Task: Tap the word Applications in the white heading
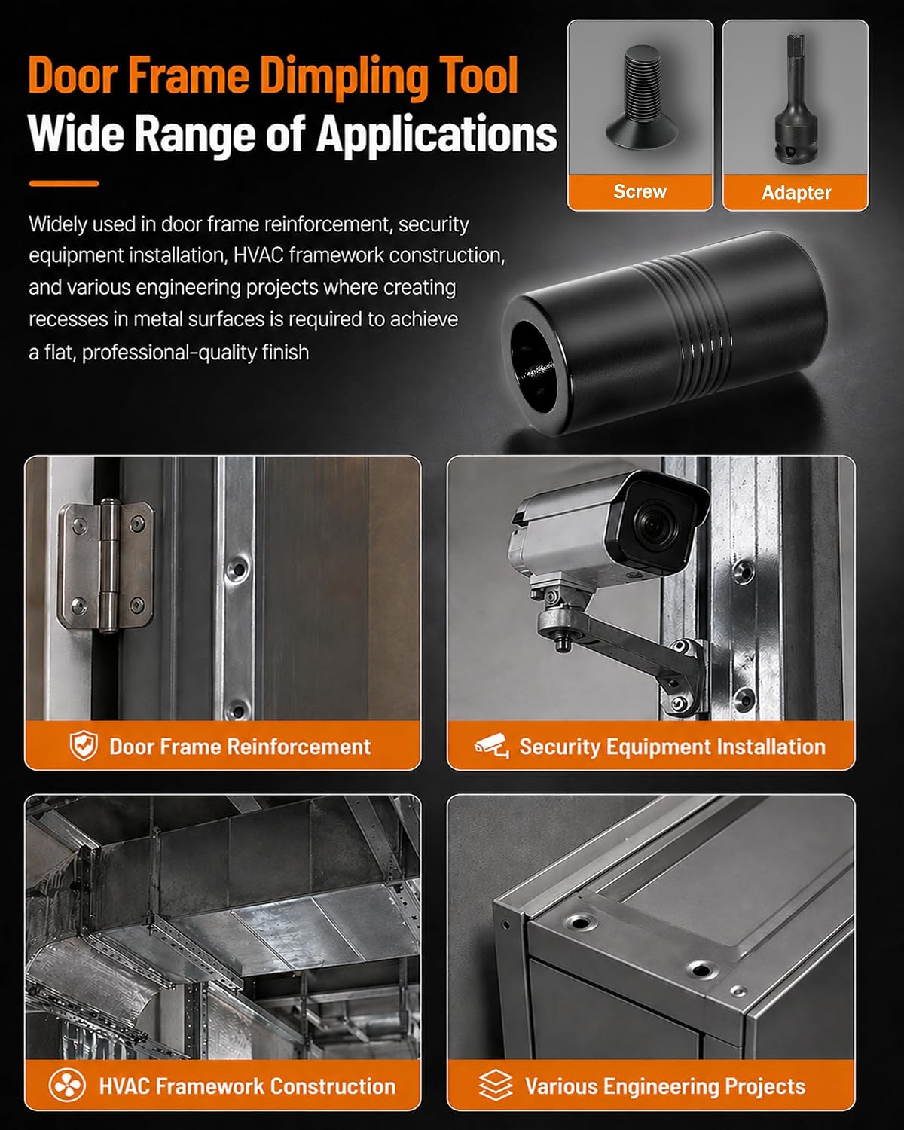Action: [x=436, y=136]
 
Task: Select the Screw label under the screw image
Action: [x=640, y=191]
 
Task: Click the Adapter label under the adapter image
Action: [x=796, y=193]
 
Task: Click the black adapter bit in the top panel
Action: [x=794, y=99]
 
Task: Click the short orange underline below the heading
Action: [x=64, y=183]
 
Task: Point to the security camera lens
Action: [x=653, y=524]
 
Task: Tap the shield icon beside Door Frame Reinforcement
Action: [x=84, y=745]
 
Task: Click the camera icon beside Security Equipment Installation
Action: [x=492, y=746]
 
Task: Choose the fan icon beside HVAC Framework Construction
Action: [x=67, y=1086]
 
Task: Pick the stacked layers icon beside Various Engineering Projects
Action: [x=496, y=1085]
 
